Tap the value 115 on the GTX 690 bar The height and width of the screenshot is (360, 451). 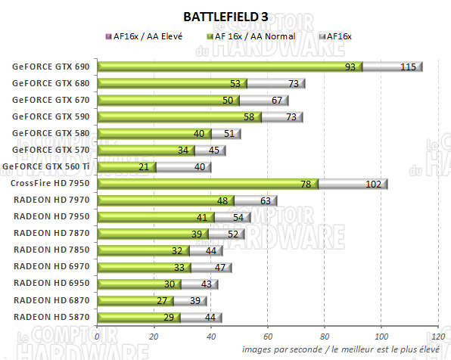click(x=408, y=67)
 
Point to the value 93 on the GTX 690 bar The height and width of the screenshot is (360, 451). click(x=350, y=67)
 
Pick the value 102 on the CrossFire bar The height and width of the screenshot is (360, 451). click(x=373, y=184)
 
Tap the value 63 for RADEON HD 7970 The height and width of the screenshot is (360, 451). click(x=265, y=200)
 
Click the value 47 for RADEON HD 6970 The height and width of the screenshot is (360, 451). click(x=219, y=267)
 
